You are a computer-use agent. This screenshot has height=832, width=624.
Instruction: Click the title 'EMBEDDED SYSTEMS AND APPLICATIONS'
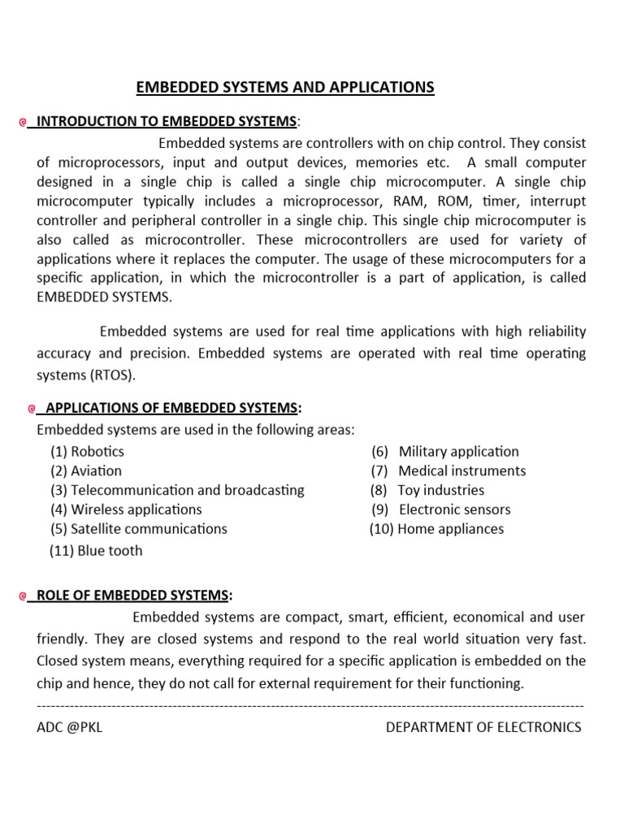[x=284, y=88]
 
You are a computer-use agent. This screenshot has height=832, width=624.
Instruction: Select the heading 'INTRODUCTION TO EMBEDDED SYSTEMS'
[x=167, y=122]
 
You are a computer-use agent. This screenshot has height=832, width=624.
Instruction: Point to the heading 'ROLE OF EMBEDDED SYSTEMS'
[x=135, y=596]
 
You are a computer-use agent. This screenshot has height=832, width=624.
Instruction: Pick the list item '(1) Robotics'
[x=87, y=452]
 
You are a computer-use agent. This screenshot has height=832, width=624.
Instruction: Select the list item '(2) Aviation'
[x=86, y=471]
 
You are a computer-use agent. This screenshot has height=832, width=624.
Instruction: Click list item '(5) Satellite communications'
[x=138, y=529]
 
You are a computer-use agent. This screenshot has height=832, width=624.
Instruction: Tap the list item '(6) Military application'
[x=445, y=452]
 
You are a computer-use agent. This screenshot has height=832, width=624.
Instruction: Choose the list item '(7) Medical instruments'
[x=448, y=471]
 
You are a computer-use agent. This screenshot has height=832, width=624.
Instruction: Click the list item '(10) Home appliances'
[x=437, y=529]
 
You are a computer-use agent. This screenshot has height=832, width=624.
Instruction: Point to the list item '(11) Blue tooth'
[x=96, y=551]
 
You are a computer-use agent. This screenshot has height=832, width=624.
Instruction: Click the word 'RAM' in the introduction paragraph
[x=401, y=201]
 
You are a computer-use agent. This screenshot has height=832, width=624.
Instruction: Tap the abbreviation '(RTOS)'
[x=113, y=375]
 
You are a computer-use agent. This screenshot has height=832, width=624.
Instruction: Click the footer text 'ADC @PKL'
[x=70, y=727]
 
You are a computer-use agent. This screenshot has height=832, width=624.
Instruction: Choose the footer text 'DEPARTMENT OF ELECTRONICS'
[x=483, y=727]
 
